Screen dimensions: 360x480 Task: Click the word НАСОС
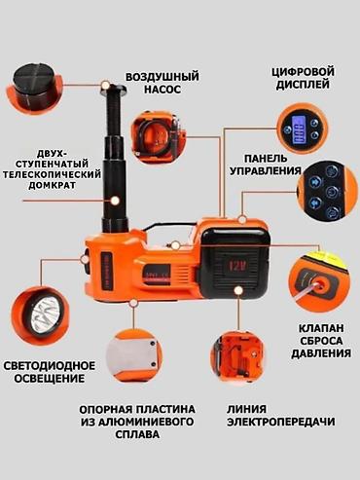pyautogui.click(x=162, y=90)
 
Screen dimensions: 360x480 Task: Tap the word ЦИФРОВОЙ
pyautogui.click(x=303, y=72)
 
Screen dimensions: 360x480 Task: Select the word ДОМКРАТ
pyautogui.click(x=52, y=185)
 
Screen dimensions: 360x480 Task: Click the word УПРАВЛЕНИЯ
pyautogui.click(x=266, y=170)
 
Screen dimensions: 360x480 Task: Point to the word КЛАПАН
pyautogui.click(x=321, y=328)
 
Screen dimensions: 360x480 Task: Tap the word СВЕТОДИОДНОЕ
pyautogui.click(x=50, y=366)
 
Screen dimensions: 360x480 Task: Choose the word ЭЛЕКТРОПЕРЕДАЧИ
pyautogui.click(x=281, y=422)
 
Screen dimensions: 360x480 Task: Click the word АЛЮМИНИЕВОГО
pyautogui.click(x=137, y=422)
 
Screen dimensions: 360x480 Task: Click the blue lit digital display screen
pyautogui.click(x=298, y=130)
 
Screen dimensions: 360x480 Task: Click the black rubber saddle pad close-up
pyautogui.click(x=33, y=87)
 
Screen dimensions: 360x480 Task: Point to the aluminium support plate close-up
pyautogui.click(x=135, y=356)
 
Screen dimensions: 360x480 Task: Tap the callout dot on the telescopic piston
pyautogui.click(x=115, y=201)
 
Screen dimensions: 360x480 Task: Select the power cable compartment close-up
pyautogui.click(x=236, y=356)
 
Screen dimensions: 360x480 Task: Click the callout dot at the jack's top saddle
pyautogui.click(x=105, y=86)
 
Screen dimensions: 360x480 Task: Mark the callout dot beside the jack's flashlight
pyautogui.click(x=85, y=259)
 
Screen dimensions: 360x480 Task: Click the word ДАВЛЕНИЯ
pyautogui.click(x=321, y=353)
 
